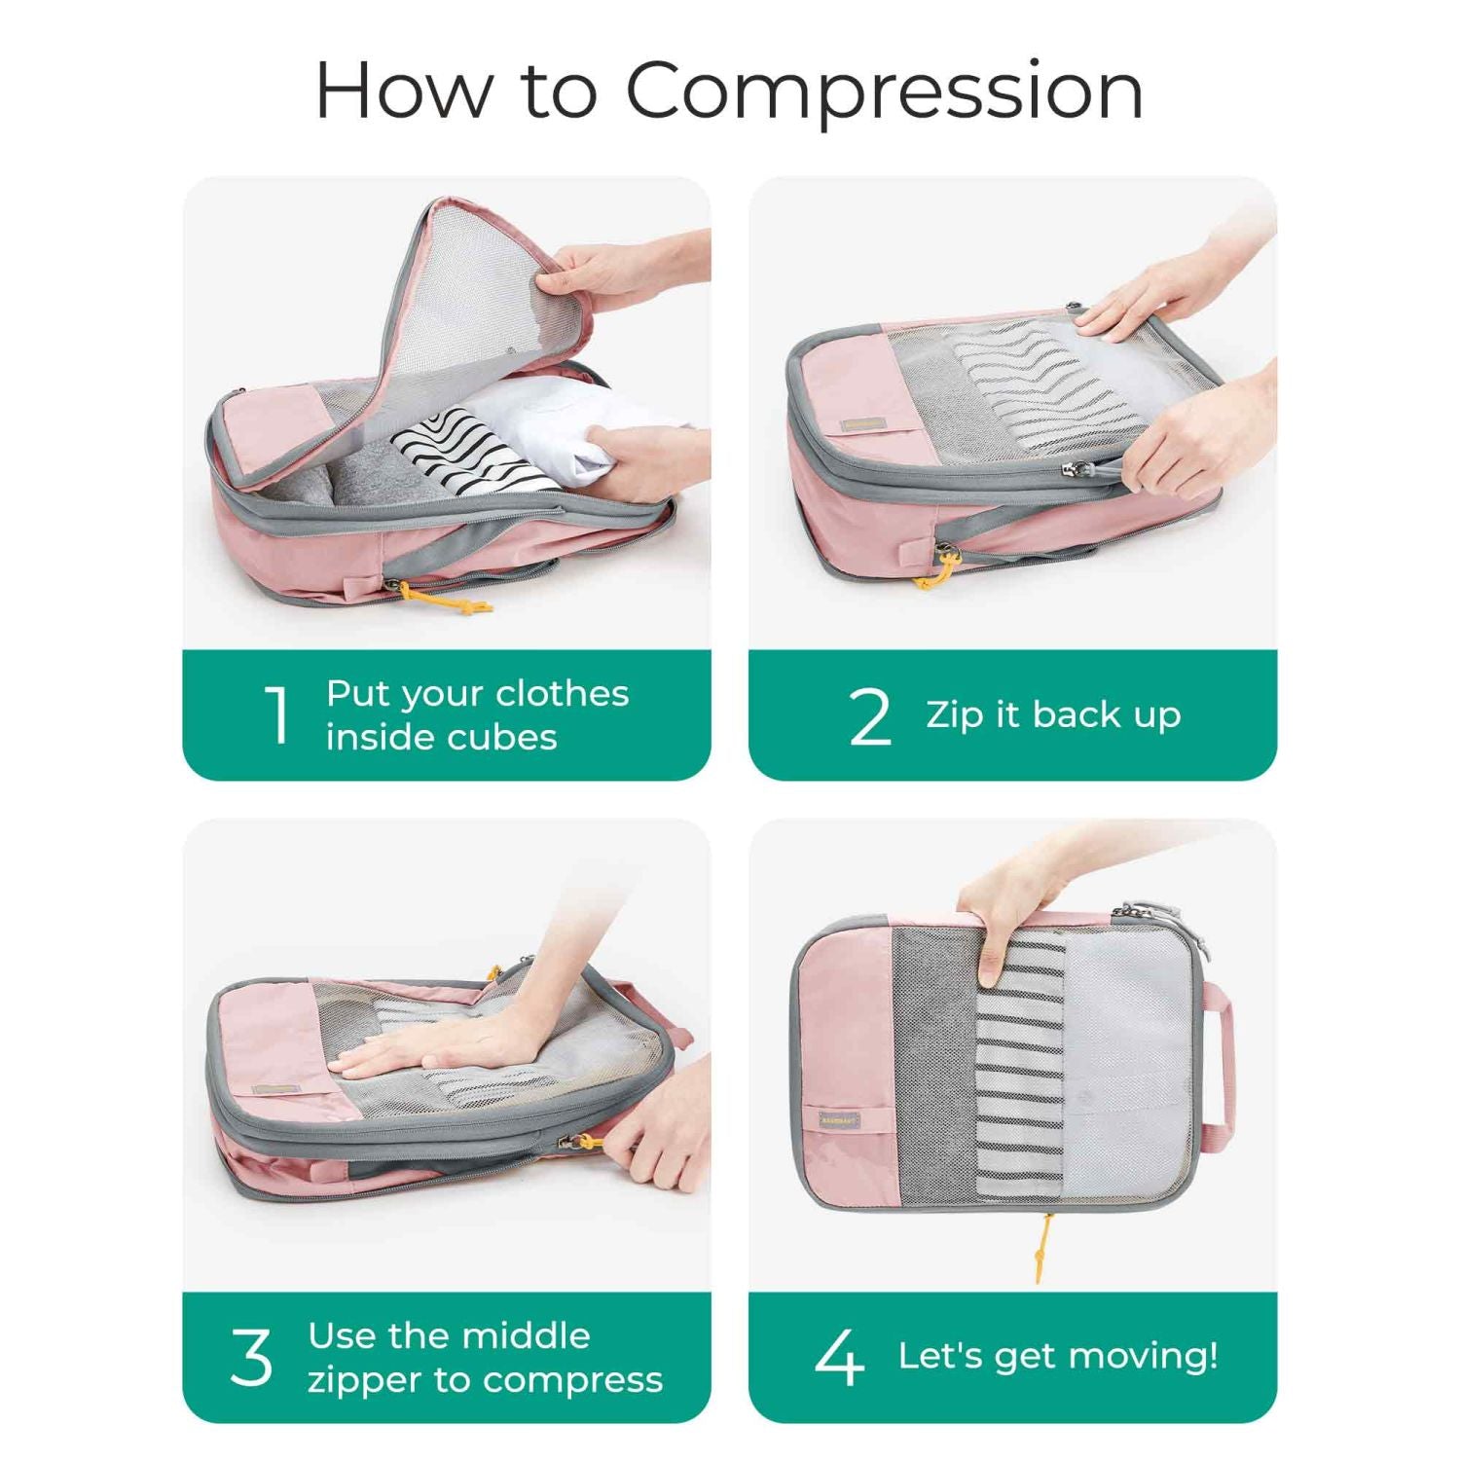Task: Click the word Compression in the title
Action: tap(884, 91)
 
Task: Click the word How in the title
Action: tap(404, 91)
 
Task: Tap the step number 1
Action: tap(278, 715)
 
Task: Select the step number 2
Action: tap(869, 717)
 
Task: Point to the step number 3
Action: tap(251, 1357)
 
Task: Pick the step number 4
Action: tap(839, 1357)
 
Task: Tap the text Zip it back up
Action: tap(1053, 714)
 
